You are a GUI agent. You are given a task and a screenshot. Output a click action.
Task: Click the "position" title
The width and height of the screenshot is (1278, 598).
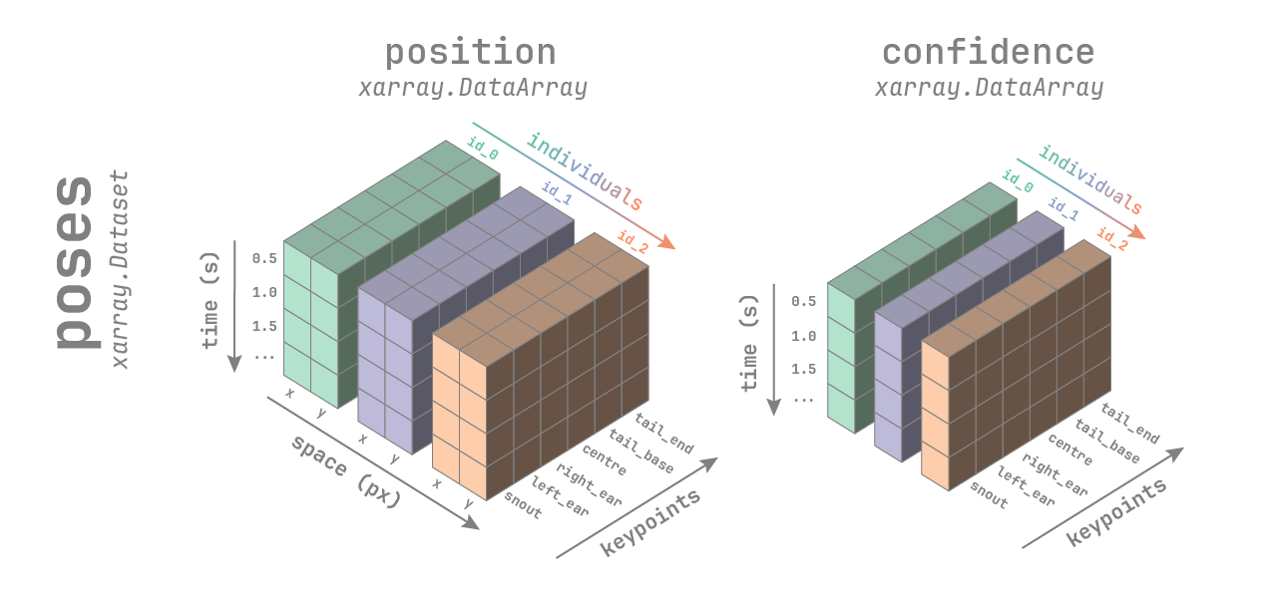click(x=470, y=52)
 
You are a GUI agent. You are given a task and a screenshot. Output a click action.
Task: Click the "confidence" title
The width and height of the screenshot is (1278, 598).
click(x=988, y=52)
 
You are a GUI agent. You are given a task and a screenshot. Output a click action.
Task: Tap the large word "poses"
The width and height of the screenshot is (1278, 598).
click(x=74, y=263)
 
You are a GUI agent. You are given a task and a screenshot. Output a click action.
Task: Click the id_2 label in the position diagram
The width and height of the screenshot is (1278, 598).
click(x=634, y=242)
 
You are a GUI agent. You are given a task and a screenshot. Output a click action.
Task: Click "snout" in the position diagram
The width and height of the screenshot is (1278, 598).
click(x=523, y=505)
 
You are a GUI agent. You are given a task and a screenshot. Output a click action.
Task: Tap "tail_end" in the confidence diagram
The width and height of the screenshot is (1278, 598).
click(x=1129, y=423)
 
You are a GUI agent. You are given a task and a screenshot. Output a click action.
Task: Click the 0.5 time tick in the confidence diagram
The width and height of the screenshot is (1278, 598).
click(x=803, y=301)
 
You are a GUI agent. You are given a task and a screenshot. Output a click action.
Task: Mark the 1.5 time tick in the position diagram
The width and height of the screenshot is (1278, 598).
click(x=264, y=325)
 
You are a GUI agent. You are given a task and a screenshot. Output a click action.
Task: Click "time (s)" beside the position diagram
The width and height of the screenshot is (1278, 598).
click(x=211, y=308)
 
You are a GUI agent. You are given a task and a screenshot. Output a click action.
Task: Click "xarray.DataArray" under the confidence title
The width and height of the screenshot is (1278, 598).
click(x=989, y=88)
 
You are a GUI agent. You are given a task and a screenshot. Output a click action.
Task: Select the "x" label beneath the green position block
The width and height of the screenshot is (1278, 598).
click(x=289, y=393)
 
